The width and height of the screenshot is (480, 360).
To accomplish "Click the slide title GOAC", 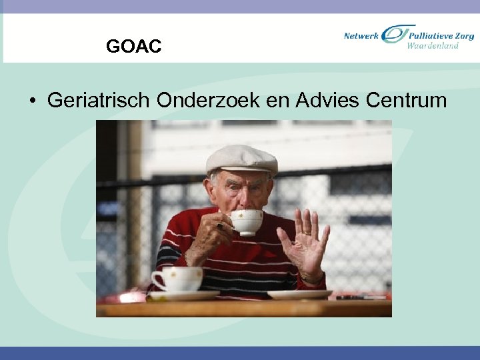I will pos(133,47).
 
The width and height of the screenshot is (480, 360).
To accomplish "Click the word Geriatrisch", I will pos(98,101).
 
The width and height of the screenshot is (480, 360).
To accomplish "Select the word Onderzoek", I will pos(208,101).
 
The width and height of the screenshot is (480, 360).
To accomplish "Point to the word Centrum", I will pos(406,101).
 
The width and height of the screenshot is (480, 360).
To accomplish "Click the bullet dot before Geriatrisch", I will pos(32,101).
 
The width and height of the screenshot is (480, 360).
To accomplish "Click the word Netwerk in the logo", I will pos(361,35).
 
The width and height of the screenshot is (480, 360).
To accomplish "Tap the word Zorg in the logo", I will pos(463,35).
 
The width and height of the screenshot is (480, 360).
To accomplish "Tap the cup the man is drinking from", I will pos(246,222).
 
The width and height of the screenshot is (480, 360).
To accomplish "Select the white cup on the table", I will pos(178,279).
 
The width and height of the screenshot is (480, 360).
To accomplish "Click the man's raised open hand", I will pos(305,243).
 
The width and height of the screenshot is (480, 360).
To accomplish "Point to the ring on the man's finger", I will pos(219,226).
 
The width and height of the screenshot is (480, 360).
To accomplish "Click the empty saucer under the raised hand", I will pos(299,294).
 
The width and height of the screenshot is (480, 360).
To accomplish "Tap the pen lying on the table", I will pos(361,297).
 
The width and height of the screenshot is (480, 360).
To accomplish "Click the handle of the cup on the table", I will pos(157,279).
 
